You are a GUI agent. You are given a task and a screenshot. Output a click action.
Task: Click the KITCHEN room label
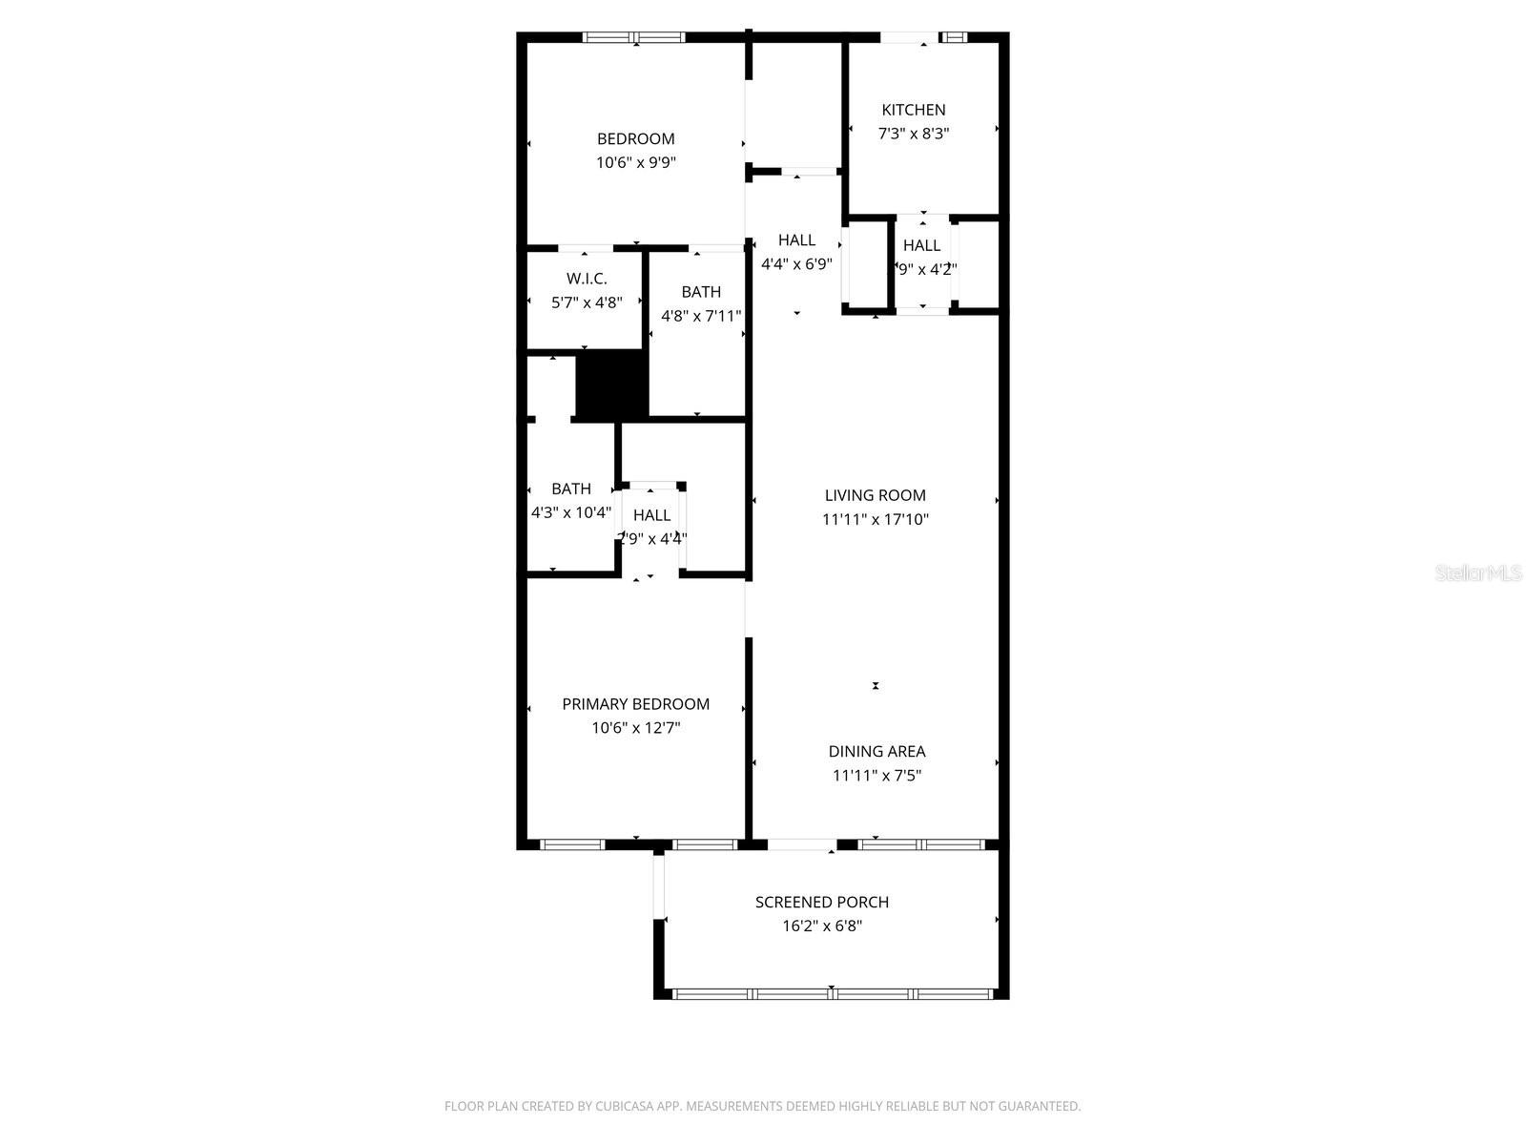(913, 110)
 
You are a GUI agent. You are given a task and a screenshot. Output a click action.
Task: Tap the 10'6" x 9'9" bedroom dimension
(636, 162)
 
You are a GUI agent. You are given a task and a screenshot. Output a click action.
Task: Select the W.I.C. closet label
(587, 279)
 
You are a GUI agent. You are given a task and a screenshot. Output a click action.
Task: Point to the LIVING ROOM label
(875, 495)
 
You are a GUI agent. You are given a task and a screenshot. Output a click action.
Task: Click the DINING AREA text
(876, 751)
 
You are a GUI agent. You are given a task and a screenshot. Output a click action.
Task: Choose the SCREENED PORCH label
(821, 902)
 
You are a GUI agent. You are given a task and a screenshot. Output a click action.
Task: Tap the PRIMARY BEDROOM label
(635, 704)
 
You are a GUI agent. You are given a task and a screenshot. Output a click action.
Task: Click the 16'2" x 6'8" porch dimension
(821, 926)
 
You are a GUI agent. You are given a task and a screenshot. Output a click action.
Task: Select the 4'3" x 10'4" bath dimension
(570, 512)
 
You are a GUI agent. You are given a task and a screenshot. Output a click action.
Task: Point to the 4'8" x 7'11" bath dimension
(701, 316)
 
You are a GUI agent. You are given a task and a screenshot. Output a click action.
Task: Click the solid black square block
(611, 384)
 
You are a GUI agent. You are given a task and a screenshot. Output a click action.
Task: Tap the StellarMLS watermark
(1478, 573)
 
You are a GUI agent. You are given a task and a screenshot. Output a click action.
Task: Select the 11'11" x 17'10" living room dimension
(875, 519)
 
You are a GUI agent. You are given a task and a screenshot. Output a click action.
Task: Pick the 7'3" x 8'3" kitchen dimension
(913, 134)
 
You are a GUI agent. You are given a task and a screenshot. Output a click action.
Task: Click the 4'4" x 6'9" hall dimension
(796, 264)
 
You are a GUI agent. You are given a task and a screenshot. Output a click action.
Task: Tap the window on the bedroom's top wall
(633, 38)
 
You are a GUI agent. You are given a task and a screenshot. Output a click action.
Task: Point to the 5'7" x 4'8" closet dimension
(587, 302)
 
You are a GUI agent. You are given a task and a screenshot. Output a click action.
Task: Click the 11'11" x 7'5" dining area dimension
(876, 775)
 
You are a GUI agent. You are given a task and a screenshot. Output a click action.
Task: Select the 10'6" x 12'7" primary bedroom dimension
(635, 728)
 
